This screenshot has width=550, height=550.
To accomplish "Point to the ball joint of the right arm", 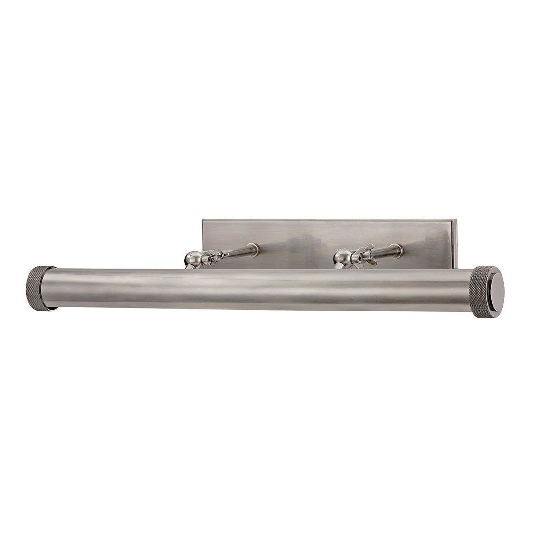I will point(342,257).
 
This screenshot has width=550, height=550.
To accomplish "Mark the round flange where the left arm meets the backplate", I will point(255,248).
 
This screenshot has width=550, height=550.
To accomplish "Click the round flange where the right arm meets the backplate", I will point(400,248).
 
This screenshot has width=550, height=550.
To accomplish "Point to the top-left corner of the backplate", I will point(202,221).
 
